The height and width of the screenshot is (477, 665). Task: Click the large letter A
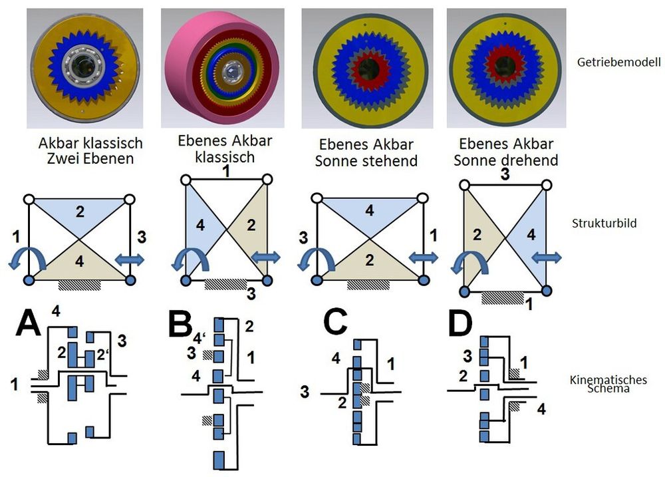click(x=29, y=323)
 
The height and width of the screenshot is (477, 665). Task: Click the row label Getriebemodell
click(x=618, y=63)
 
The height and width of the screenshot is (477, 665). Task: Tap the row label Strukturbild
click(x=604, y=224)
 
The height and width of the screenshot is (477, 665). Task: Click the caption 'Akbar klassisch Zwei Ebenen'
click(x=90, y=150)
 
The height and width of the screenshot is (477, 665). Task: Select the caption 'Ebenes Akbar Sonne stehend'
click(x=366, y=153)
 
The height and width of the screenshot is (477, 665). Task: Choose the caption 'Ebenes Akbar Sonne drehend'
click(x=506, y=152)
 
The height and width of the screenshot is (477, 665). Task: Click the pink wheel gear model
click(x=222, y=68)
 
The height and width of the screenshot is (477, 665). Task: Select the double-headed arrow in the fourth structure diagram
click(x=547, y=257)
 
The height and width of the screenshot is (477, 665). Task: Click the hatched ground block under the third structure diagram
click(x=368, y=285)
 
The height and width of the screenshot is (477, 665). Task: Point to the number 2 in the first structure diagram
click(x=80, y=212)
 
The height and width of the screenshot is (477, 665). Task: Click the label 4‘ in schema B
click(x=199, y=338)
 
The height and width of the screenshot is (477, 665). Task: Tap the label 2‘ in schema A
click(x=103, y=355)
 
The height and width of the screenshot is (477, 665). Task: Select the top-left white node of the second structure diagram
click(x=186, y=180)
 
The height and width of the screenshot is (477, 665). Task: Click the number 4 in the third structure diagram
click(x=369, y=210)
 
